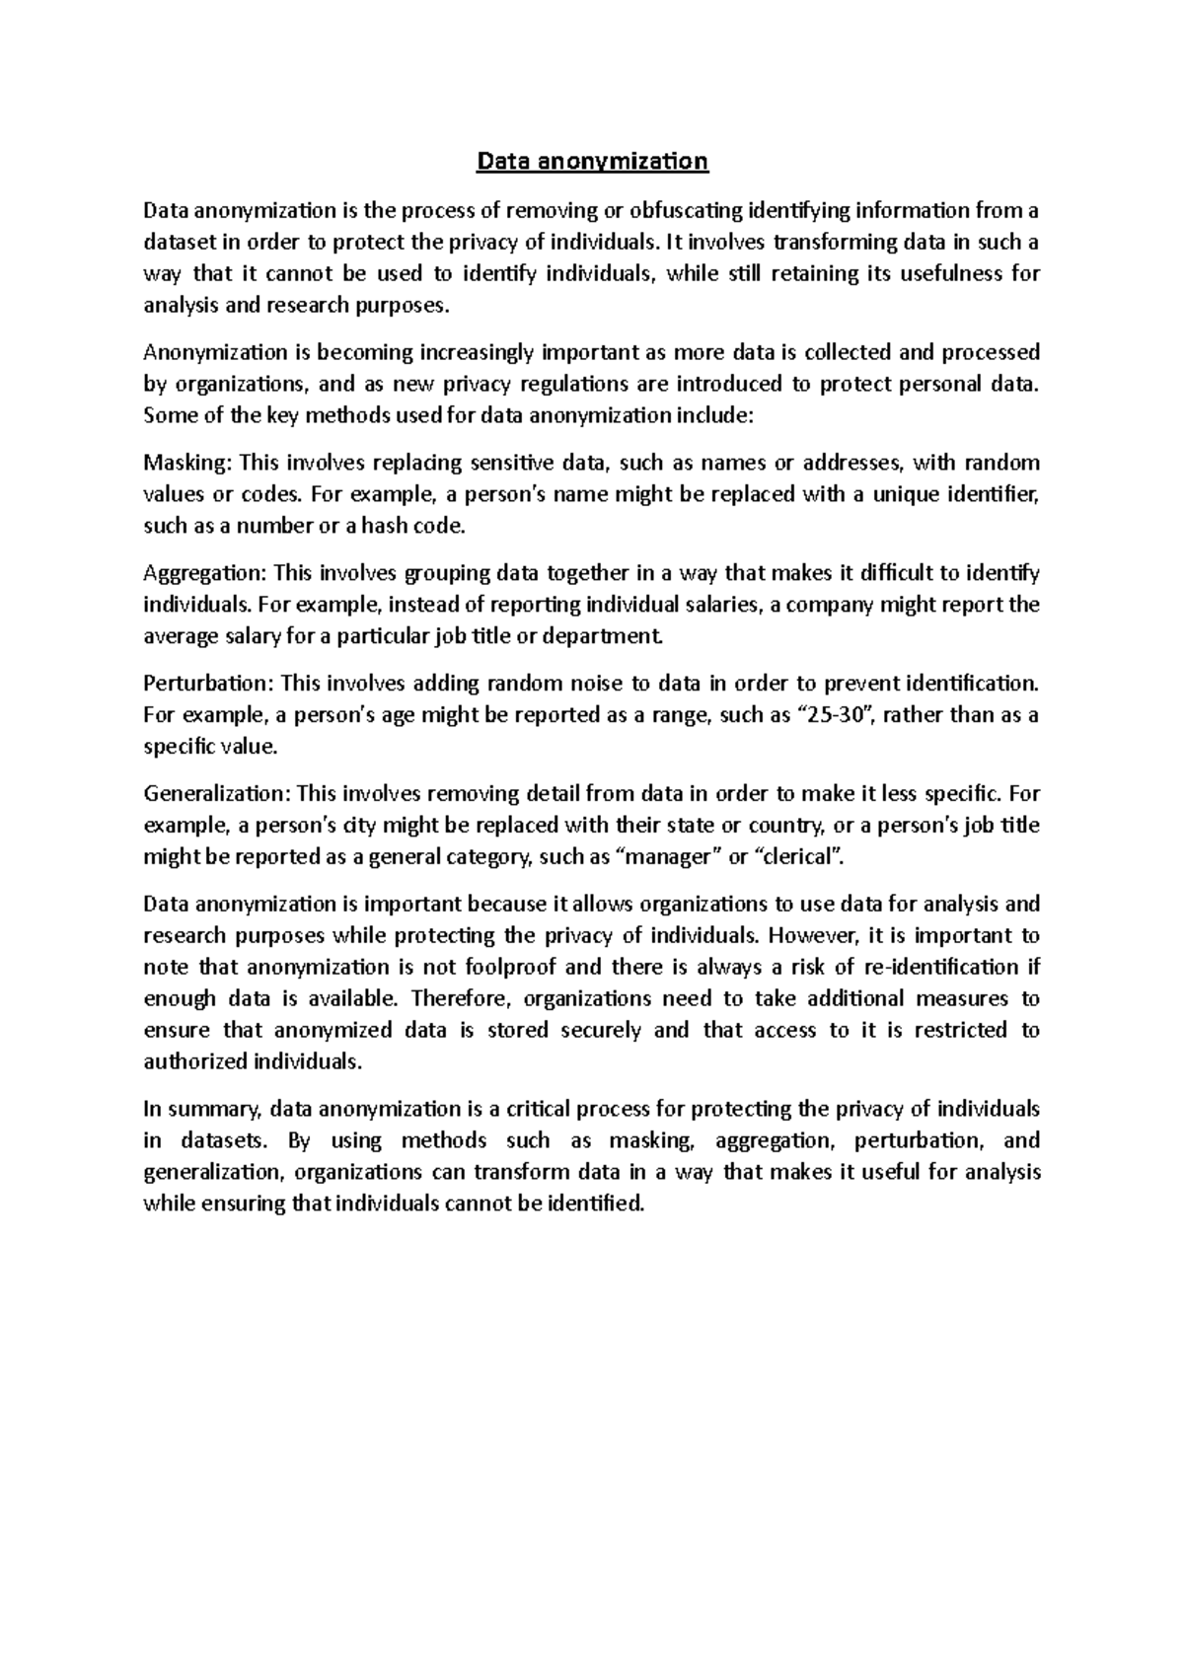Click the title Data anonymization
coord(592,161)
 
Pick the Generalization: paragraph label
coord(216,794)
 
